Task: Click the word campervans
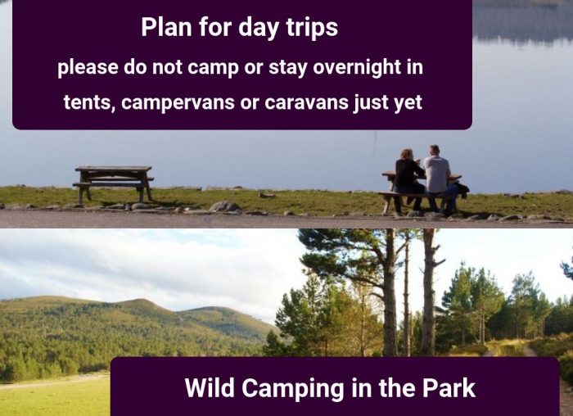[178, 103]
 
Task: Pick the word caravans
[306, 102]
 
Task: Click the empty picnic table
[113, 184]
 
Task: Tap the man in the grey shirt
[439, 179]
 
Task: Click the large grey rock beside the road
[225, 207]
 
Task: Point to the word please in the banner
[88, 68]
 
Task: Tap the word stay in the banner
[288, 68]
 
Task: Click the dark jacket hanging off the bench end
[462, 190]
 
